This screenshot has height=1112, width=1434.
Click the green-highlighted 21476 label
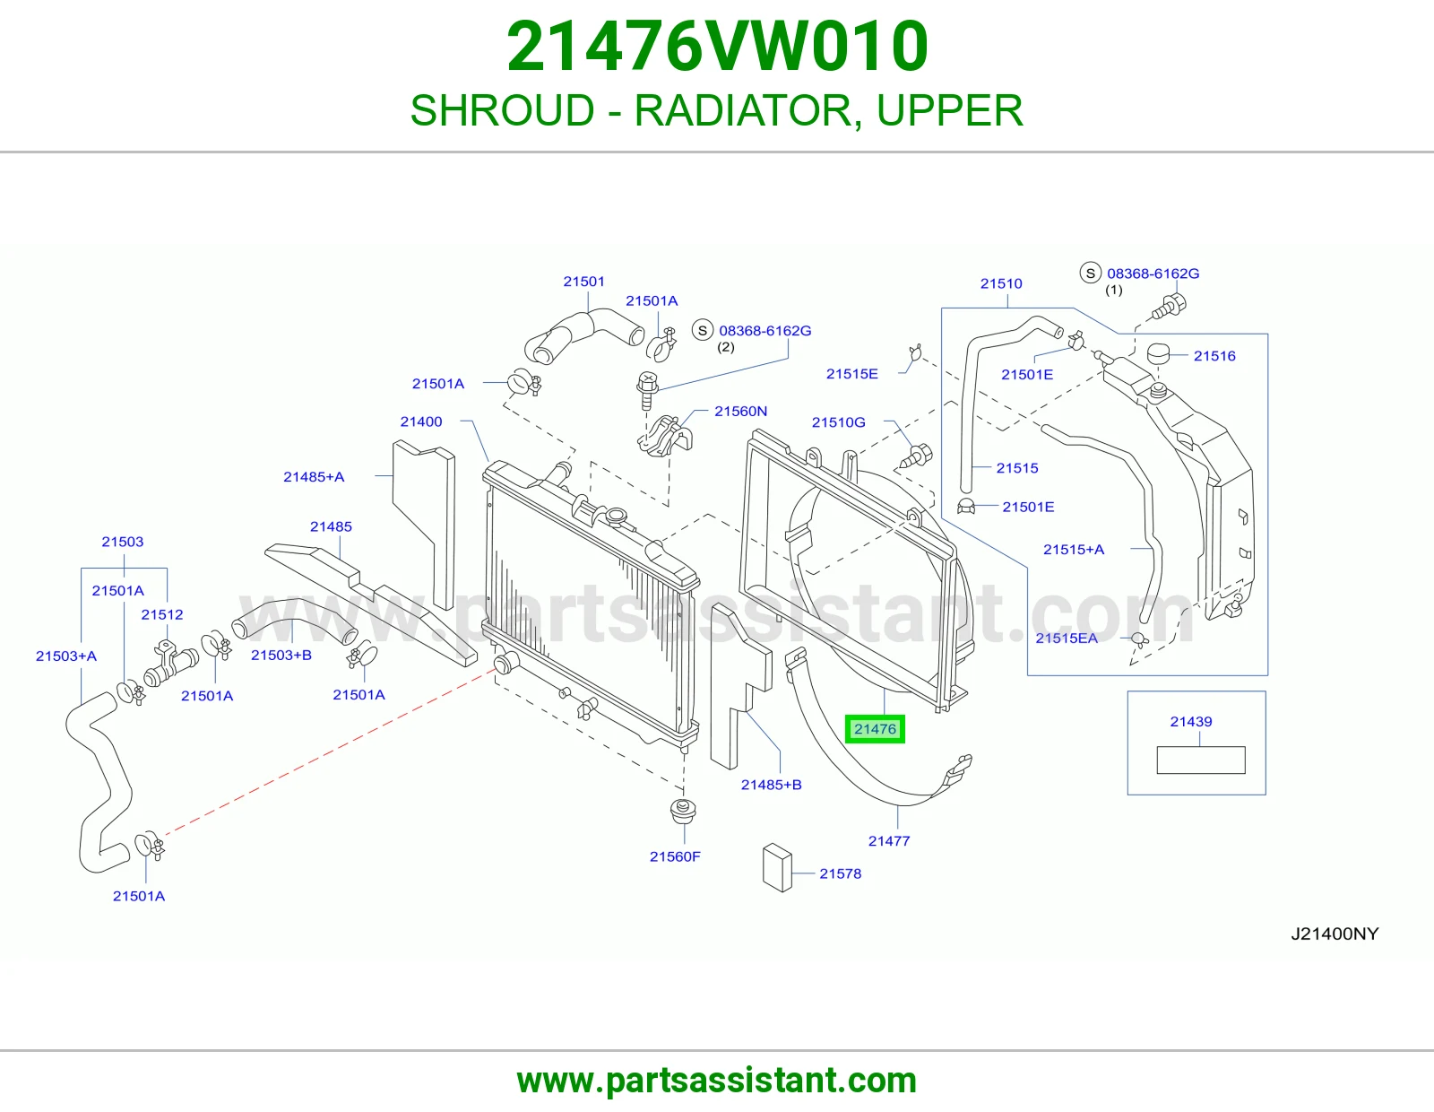pyautogui.click(x=875, y=729)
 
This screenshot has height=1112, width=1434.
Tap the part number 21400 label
pyautogui.click(x=421, y=421)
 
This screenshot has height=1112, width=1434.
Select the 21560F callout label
pyautogui.click(x=675, y=856)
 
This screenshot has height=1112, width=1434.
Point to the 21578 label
pyautogui.click(x=840, y=873)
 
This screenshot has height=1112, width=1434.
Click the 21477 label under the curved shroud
pyautogui.click(x=889, y=840)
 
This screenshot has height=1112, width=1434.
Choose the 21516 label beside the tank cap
pyautogui.click(x=1214, y=356)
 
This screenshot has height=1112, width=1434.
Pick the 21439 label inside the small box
pyautogui.click(x=1190, y=721)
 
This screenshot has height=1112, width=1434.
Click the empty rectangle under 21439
pyautogui.click(x=1200, y=760)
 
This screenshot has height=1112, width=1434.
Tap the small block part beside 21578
pyautogui.click(x=777, y=867)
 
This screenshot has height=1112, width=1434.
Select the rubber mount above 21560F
pyautogui.click(x=683, y=811)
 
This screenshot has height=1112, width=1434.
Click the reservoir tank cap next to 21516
pyautogui.click(x=1157, y=353)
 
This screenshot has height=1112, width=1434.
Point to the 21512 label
pyautogui.click(x=161, y=614)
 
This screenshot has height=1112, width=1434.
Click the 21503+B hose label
pyautogui.click(x=281, y=655)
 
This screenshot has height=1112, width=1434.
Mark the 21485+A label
pyautogui.click(x=314, y=477)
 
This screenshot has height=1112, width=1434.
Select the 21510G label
pyautogui.click(x=838, y=422)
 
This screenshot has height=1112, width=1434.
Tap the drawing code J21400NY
pyautogui.click(x=1335, y=934)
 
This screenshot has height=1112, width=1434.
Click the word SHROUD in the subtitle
pyautogui.click(x=502, y=110)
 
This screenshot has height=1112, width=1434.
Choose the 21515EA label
pyautogui.click(x=1067, y=638)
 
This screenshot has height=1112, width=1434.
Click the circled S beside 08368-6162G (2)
pyautogui.click(x=702, y=330)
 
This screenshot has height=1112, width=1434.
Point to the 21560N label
pyautogui.click(x=740, y=412)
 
